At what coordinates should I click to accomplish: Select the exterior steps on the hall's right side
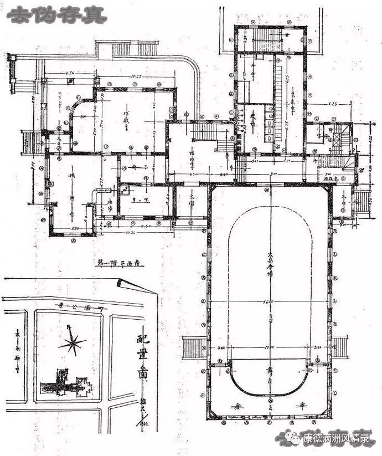pyautogui.click(x=341, y=346)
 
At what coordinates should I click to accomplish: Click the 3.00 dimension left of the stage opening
pyautogui.click(x=221, y=349)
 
